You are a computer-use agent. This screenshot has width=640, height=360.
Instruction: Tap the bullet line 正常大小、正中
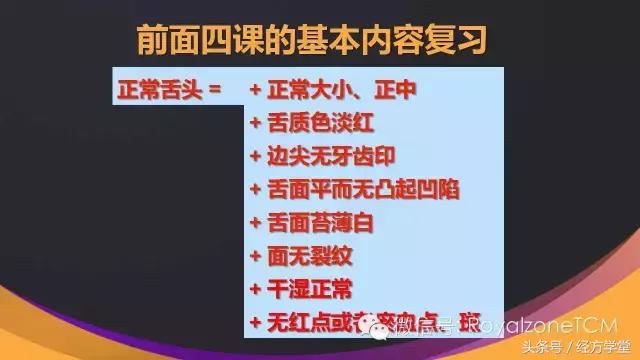pos(334,92)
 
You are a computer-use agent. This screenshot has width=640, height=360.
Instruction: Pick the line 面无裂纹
pos(300,256)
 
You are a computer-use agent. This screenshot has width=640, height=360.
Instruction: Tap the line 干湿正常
pos(300,289)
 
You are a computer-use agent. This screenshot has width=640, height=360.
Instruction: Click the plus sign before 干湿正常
pos(255,289)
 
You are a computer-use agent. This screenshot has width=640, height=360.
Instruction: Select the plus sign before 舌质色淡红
pos(255,125)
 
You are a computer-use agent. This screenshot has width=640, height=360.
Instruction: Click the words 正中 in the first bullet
pos(395,92)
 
